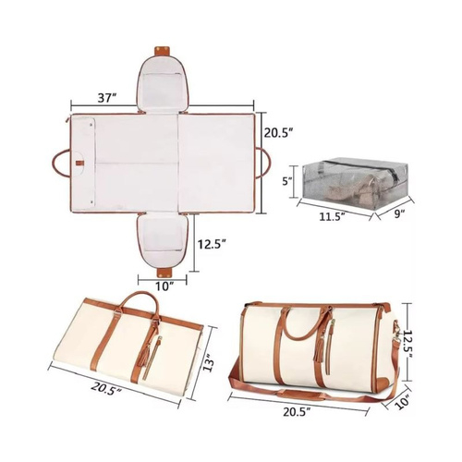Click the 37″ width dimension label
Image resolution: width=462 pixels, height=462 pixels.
point(107,98)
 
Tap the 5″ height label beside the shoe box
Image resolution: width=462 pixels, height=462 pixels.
point(287,182)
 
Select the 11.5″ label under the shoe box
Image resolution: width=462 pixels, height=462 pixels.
point(332,216)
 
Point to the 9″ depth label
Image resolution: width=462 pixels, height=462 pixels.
point(399,213)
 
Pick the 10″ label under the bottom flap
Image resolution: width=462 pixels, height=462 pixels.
point(164,286)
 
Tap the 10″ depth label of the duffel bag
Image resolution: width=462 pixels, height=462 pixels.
point(402,401)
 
